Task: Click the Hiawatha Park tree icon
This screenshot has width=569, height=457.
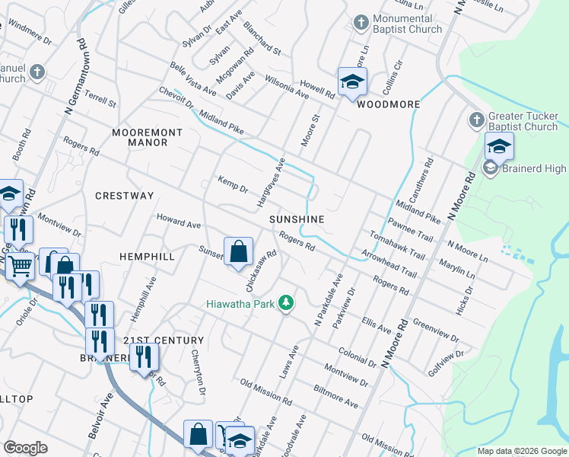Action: pyautogui.click(x=286, y=303)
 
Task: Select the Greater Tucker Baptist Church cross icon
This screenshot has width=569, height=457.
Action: pyautogui.click(x=476, y=120)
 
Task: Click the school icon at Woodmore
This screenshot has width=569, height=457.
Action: pyautogui.click(x=352, y=82)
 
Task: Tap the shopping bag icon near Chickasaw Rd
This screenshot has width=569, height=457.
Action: pyautogui.click(x=239, y=251)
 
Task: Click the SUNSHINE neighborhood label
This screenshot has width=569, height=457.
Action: pyautogui.click(x=297, y=219)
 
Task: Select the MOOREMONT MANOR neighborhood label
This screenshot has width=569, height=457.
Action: pyautogui.click(x=147, y=137)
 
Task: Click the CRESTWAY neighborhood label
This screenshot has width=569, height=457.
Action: pyautogui.click(x=124, y=196)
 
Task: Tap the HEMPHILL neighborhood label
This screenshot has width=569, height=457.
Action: pyautogui.click(x=147, y=257)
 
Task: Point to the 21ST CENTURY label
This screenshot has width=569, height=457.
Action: pyautogui.click(x=163, y=340)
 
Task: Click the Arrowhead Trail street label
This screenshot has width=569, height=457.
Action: pyautogui.click(x=389, y=263)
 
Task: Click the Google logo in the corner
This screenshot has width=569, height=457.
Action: pyautogui.click(x=25, y=448)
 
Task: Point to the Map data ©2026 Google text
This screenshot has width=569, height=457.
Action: pyautogui.click(x=522, y=451)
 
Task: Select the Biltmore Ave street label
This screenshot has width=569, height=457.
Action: pyautogui.click(x=335, y=398)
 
